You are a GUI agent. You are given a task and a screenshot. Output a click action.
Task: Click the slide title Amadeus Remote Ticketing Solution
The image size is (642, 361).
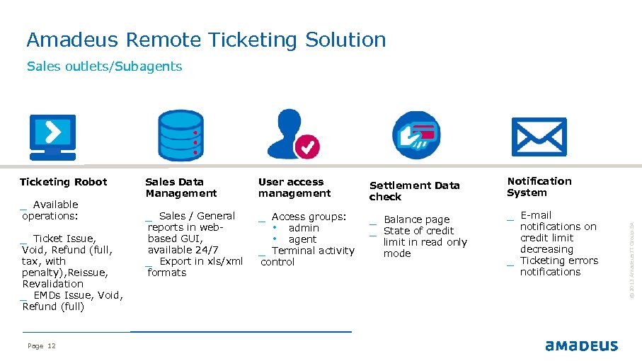coord(206,40)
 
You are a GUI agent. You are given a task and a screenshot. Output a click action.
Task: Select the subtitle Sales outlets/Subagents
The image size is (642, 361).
coord(104,67)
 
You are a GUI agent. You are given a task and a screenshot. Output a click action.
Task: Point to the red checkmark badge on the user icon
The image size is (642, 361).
coord(306,147)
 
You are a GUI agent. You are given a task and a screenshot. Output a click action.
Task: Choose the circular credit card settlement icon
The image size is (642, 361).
coord(415,135)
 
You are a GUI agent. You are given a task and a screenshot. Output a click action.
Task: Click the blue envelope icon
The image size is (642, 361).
coord(539,137)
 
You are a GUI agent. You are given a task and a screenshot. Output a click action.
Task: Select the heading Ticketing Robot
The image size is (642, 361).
coord(63,182)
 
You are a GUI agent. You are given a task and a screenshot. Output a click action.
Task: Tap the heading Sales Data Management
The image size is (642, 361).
coord(181,188)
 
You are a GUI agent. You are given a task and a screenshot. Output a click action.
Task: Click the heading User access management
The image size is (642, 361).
coord(294,188)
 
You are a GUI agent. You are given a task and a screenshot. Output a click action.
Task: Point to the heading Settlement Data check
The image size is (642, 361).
coord(414,191)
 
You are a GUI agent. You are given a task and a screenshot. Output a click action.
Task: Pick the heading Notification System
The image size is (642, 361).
coord(539,187)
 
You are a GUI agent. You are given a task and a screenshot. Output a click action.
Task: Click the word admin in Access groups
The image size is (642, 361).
coord(304,228)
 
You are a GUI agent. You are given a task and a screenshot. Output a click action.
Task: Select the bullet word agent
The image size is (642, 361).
coord(302,239)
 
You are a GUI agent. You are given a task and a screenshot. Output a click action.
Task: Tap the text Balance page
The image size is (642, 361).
coord(416,219)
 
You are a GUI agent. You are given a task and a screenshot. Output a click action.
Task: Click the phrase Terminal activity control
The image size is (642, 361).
coord(308,256)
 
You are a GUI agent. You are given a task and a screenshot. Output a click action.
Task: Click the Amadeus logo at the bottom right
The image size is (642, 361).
coord(581,346)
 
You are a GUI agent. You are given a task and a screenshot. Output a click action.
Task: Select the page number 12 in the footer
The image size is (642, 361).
coord(51,346)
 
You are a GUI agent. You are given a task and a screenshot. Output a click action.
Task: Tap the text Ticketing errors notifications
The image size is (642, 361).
coord(558,266)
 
